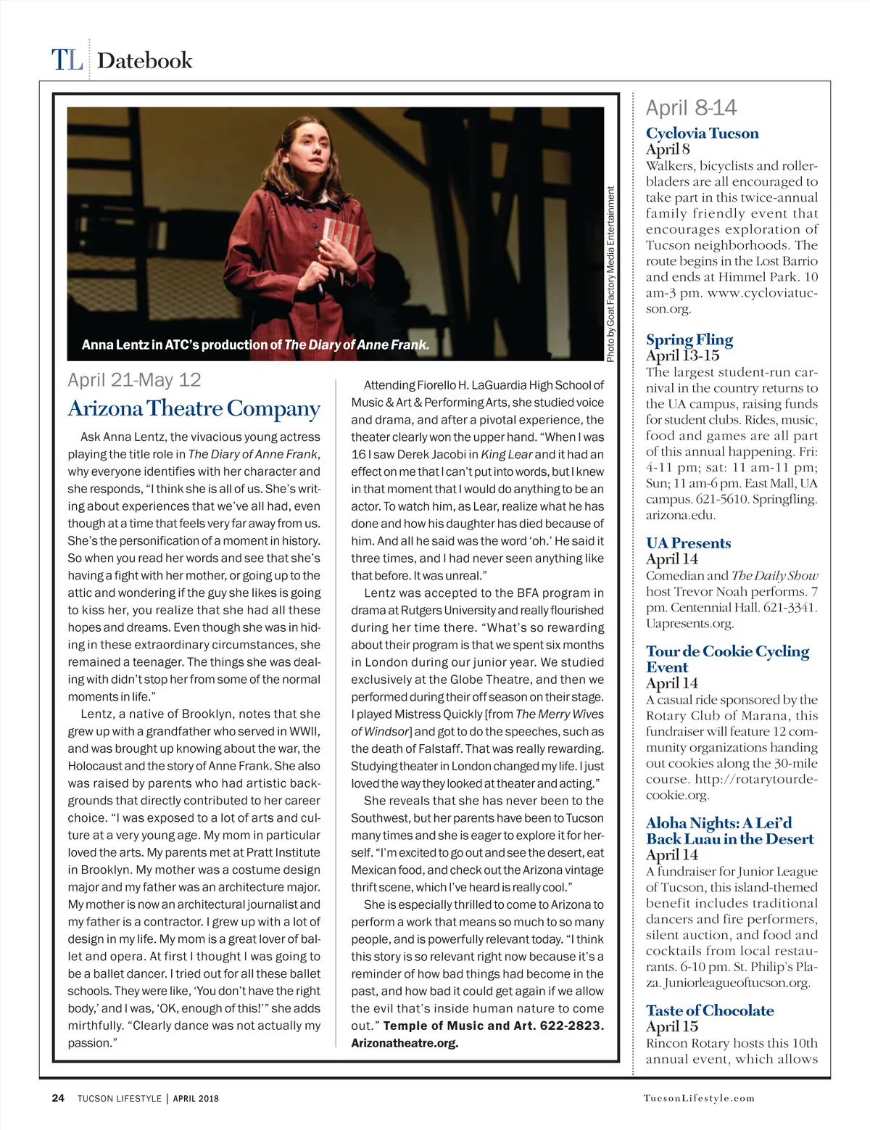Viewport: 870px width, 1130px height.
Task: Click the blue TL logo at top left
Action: (67, 60)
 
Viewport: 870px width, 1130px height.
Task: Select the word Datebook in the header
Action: (145, 60)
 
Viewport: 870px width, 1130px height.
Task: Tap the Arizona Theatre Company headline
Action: (194, 408)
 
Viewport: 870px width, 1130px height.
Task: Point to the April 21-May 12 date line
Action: (134, 380)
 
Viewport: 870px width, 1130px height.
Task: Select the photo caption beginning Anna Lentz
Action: (255, 345)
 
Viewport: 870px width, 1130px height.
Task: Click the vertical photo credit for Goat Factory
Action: (610, 274)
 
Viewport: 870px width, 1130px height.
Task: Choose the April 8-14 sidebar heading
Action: (691, 108)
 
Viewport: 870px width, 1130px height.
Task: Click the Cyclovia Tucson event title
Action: (702, 133)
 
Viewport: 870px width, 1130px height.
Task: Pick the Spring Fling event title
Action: (689, 339)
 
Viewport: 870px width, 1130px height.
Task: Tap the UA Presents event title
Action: (688, 543)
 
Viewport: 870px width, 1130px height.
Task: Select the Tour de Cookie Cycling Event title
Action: (726, 659)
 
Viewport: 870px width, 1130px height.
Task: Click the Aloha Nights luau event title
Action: (729, 830)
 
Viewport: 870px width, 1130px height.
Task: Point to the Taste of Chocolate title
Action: (710, 1010)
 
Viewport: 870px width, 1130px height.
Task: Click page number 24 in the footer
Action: (58, 1098)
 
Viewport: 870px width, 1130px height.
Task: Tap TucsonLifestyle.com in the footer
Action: (698, 1098)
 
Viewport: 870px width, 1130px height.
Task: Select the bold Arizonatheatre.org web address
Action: (405, 1043)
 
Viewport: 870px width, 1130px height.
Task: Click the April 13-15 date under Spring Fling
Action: (682, 355)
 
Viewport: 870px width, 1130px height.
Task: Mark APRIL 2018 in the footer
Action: (195, 1098)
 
